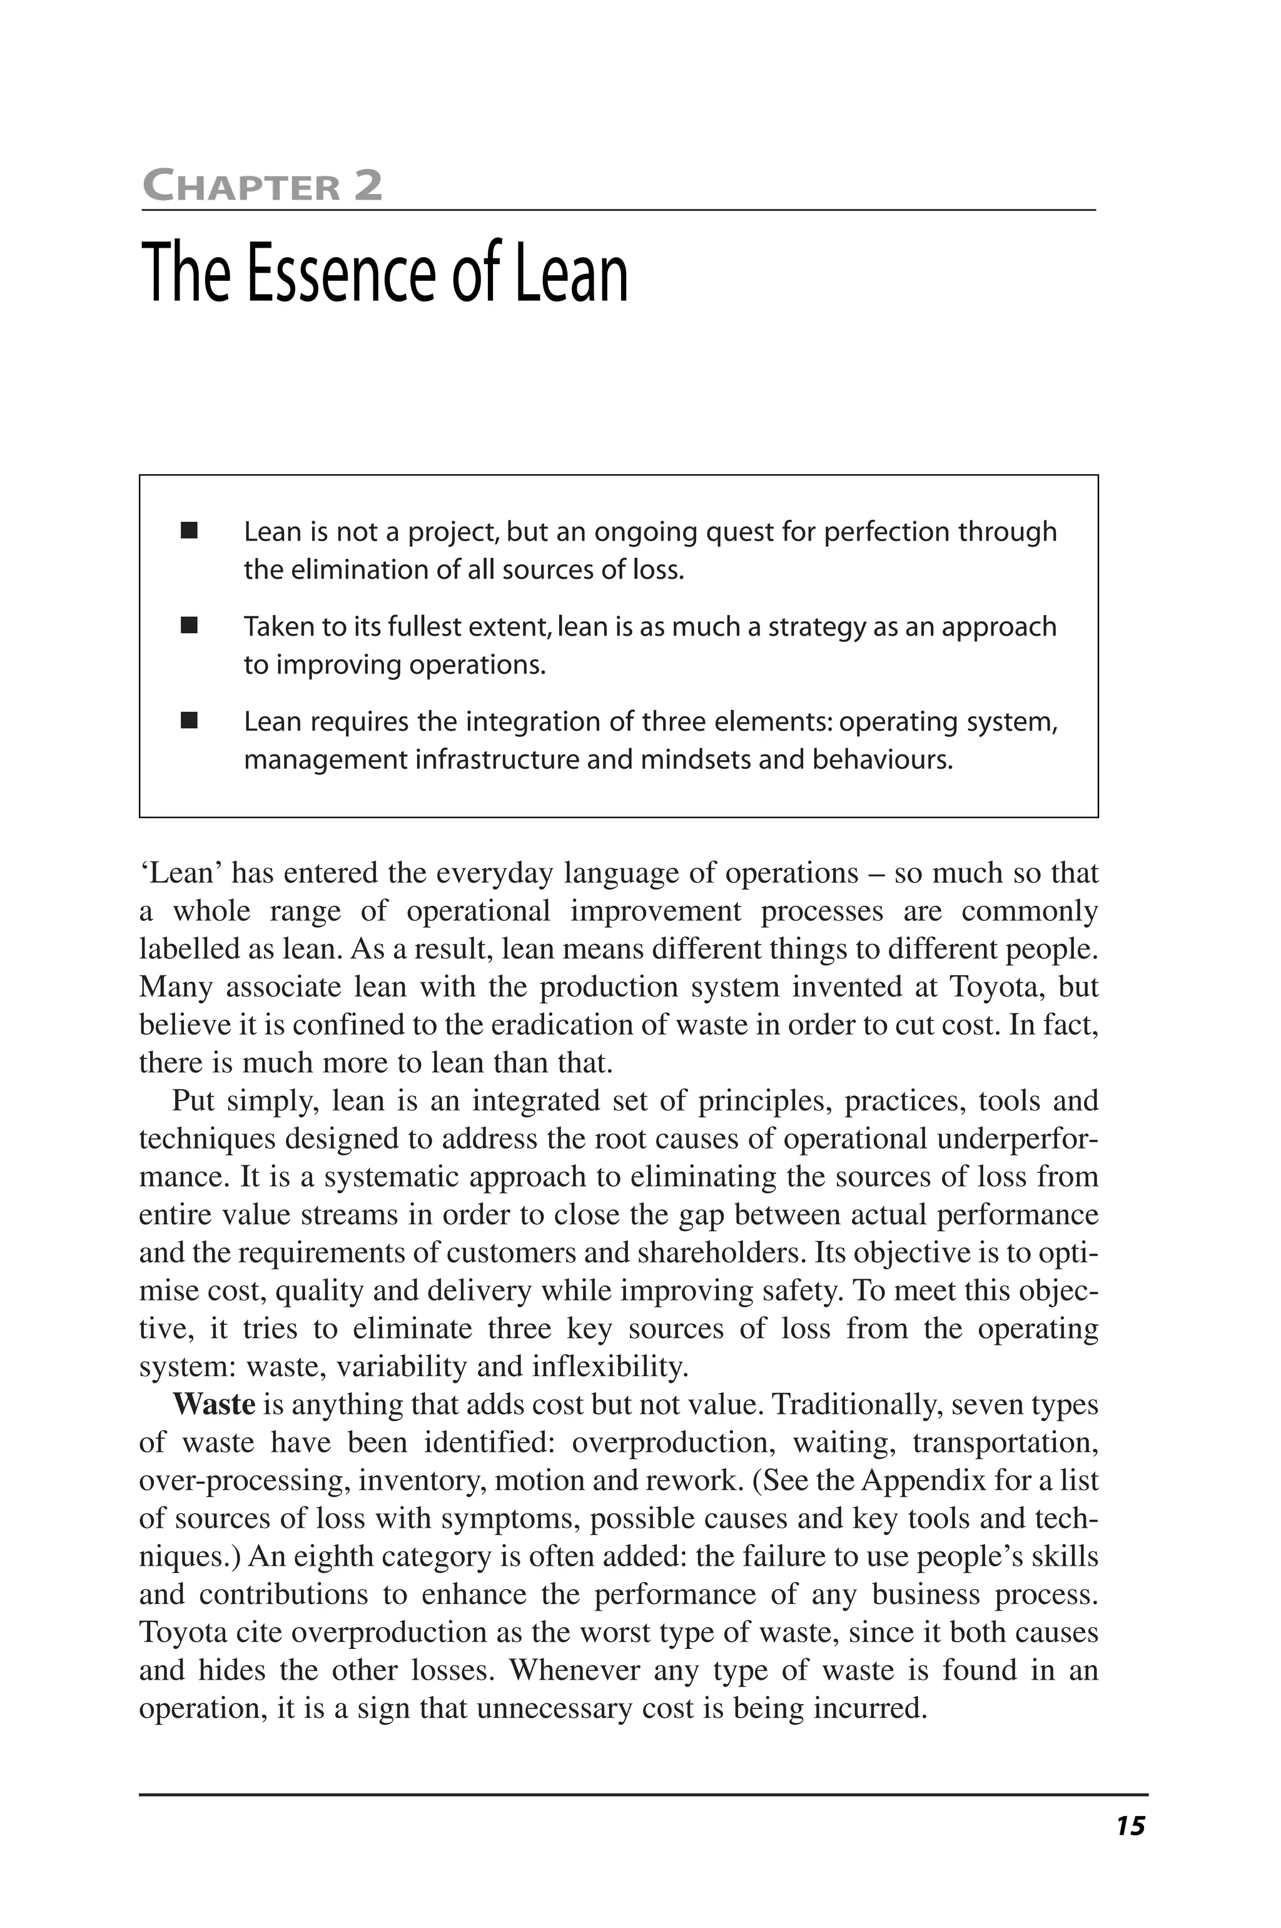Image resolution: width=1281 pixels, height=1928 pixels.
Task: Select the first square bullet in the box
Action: click(x=190, y=531)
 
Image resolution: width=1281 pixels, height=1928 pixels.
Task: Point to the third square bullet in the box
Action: click(x=190, y=721)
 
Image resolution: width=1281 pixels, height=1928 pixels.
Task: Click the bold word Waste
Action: click(x=214, y=1404)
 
